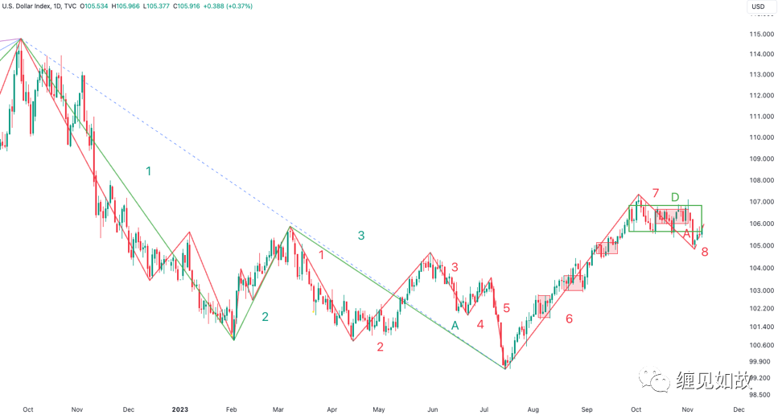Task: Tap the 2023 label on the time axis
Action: click(180, 409)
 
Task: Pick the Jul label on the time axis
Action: click(486, 409)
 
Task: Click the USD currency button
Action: click(758, 6)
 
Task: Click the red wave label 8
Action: click(704, 252)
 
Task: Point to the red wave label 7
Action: click(656, 194)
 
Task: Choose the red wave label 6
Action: click(569, 318)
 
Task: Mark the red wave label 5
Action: click(506, 307)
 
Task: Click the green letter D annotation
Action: click(676, 198)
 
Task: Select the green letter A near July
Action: click(455, 326)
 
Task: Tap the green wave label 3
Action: click(361, 236)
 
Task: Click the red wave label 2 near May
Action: click(380, 347)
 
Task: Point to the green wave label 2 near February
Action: click(265, 317)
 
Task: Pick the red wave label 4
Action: click(480, 324)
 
